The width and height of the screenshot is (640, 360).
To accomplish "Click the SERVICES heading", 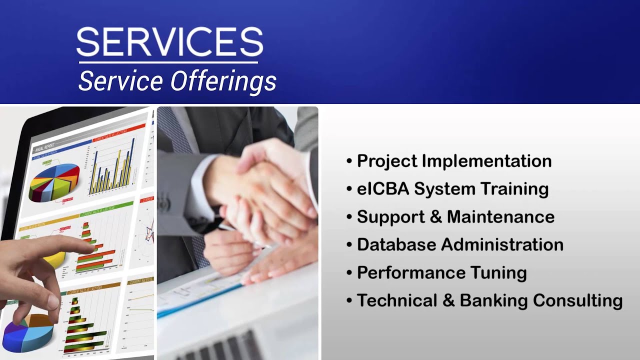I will (169, 42).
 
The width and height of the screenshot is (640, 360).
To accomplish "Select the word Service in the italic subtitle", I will (120, 81).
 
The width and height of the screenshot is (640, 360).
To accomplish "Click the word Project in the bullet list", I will (386, 161).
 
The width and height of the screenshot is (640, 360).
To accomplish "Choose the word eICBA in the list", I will (383, 189).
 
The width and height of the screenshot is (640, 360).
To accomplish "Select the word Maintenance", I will (500, 217).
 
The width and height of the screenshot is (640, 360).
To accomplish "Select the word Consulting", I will (577, 301).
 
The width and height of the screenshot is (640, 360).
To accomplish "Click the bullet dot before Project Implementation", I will (349, 161).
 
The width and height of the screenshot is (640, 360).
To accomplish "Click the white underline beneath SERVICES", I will (168, 62).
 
